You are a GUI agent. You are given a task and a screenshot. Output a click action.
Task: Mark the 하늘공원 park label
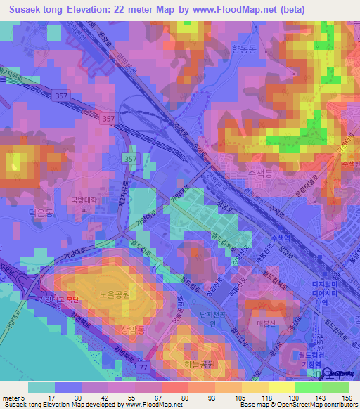point(192,365)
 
